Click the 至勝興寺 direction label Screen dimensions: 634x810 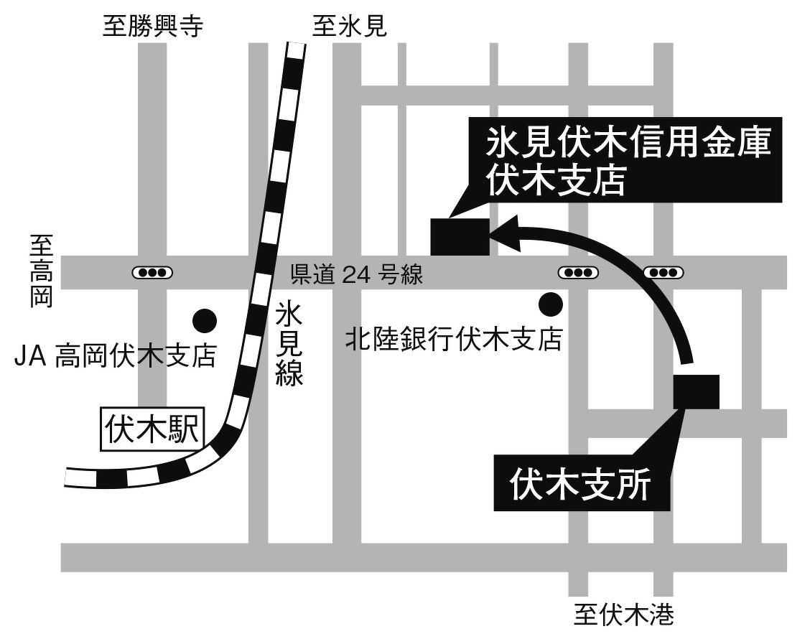coord(153,27)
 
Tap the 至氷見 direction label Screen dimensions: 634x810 coord(350,27)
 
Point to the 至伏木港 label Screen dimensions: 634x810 coord(623,614)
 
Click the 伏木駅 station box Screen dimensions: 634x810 coord(152,432)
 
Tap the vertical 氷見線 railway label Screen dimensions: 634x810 coord(289,344)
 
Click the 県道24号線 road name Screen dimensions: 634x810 coord(356,274)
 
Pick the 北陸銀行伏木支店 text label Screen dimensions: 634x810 coord(453,338)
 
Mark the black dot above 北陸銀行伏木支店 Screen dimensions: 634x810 coord(551,304)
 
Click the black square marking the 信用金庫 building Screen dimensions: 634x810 coord(460,236)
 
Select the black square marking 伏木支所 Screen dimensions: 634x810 coord(696,392)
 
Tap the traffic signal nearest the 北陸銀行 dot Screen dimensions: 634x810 coord(578,273)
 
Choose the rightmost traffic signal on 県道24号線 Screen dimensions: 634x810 coord(663,273)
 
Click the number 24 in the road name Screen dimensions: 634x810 coord(356,274)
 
